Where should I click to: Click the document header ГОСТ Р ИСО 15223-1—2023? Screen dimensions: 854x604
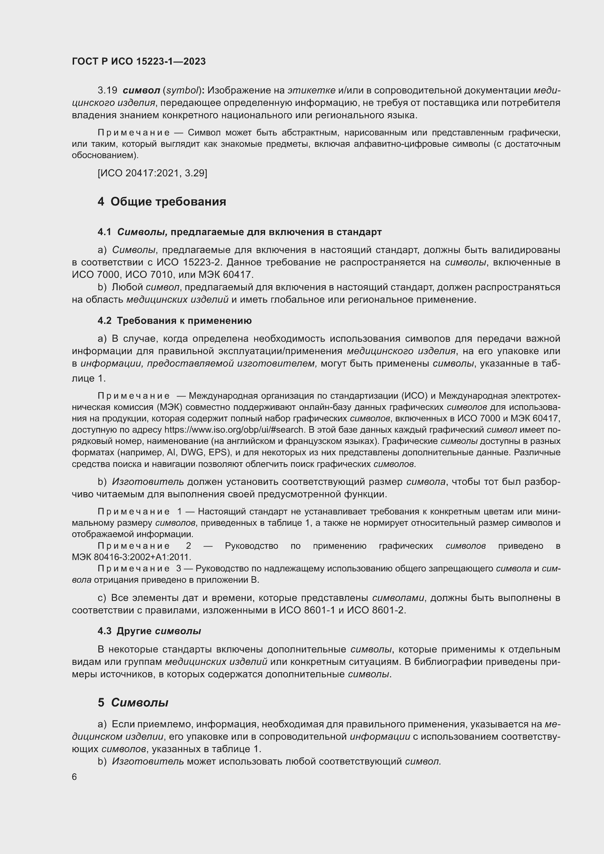point(139,61)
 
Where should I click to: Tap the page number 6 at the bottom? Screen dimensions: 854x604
point(74,777)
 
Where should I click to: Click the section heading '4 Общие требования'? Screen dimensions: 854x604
point(162,202)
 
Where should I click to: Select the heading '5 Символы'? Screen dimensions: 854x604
point(133,702)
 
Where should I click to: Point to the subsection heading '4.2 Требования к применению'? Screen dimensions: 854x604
point(175,321)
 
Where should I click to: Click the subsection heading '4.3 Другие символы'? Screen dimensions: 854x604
point(149,631)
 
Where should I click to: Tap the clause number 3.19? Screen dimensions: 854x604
point(107,91)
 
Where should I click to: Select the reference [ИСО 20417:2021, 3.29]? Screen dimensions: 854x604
point(152,173)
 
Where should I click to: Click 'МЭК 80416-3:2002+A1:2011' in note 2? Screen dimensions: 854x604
point(131,557)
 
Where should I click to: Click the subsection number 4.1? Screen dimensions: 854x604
point(104,232)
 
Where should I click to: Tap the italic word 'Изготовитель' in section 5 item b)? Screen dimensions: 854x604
point(148,761)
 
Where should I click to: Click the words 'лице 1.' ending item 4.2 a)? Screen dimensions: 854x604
point(88,379)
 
